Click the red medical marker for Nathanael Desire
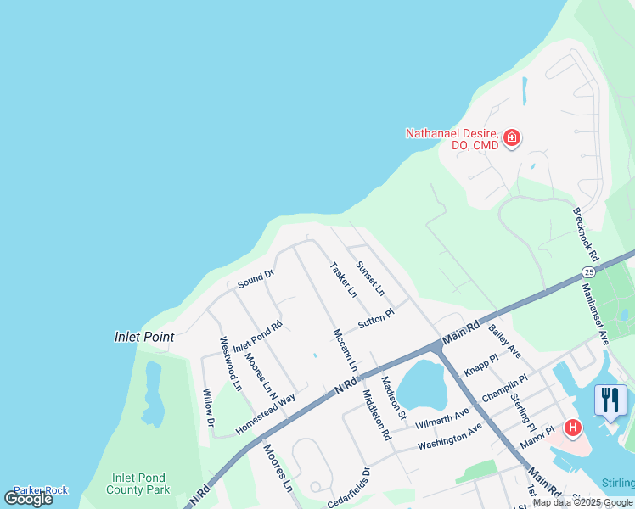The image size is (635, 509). tap(511, 138)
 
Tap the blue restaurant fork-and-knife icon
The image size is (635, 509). tap(610, 400)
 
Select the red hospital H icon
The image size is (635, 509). tap(573, 428)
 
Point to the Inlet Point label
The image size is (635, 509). tap(144, 337)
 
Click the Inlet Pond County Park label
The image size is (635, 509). tap(138, 484)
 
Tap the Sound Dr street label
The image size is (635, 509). tap(256, 277)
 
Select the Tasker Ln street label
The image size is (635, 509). tap(343, 279)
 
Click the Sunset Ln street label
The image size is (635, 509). tap(370, 278)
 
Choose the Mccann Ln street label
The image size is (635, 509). tap(345, 350)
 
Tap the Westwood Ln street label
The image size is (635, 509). tap(230, 363)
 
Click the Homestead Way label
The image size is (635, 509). tap(266, 414)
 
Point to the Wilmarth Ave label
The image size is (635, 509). tap(441, 416)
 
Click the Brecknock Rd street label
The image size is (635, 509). tap(586, 235)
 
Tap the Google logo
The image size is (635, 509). tap(29, 499)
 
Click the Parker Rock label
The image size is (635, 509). tap(41, 489)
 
